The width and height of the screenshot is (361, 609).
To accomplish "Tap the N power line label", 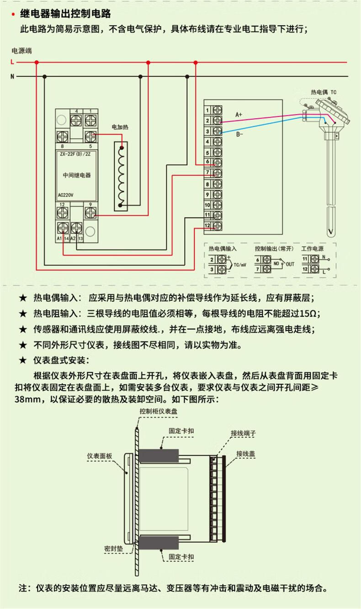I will pyautogui.click(x=12, y=76).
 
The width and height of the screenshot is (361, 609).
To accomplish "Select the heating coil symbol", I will pyautogui.click(x=121, y=176).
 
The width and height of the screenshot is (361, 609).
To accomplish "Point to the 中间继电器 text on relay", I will pyautogui.click(x=76, y=175).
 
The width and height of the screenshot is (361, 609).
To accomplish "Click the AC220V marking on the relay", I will pyautogui.click(x=66, y=194).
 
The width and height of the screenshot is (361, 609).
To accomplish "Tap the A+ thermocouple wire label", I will pyautogui.click(x=239, y=114).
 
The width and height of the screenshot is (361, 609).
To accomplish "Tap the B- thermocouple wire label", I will pyautogui.click(x=239, y=135).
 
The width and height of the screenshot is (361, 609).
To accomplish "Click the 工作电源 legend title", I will pyautogui.click(x=313, y=248).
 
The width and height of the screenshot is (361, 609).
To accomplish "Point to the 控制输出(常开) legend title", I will pyautogui.click(x=274, y=248).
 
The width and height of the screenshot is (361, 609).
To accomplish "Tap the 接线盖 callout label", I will pyautogui.click(x=245, y=453).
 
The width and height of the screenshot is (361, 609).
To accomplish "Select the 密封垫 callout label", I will pyautogui.click(x=112, y=548).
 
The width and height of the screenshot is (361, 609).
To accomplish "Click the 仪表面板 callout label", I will pyautogui.click(x=103, y=456).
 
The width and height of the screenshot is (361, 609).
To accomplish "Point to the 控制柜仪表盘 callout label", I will pyautogui.click(x=159, y=411).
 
